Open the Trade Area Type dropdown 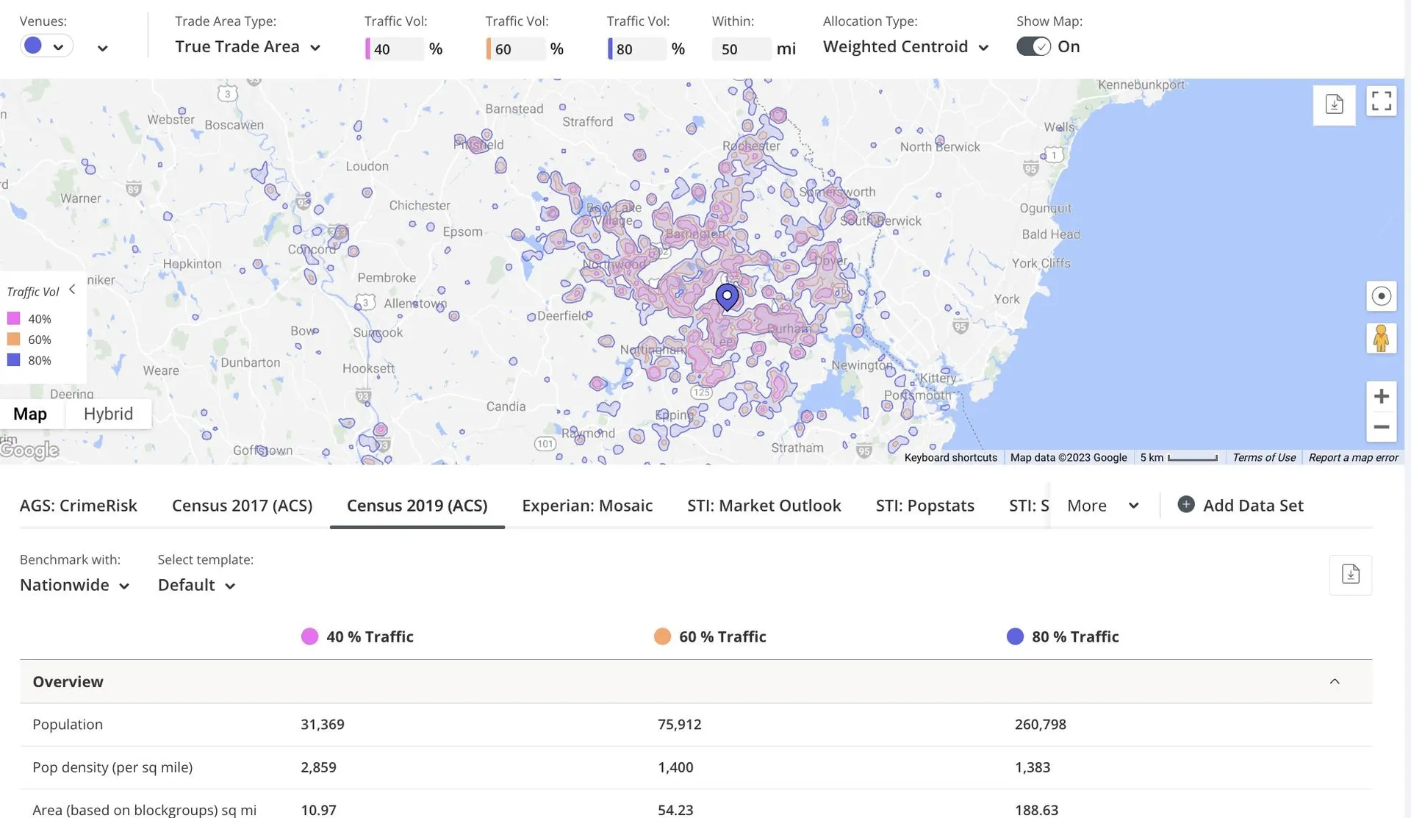[x=248, y=47]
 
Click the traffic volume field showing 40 [x=395, y=49]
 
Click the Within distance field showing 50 [x=741, y=49]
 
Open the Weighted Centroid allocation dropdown [x=905, y=47]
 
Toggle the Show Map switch [x=1033, y=46]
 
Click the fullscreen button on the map [x=1381, y=101]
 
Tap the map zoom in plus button [x=1381, y=396]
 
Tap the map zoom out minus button [x=1381, y=427]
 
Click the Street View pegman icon [x=1381, y=338]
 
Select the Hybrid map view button [x=108, y=414]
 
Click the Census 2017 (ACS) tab [x=242, y=506]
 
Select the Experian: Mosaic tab [x=587, y=506]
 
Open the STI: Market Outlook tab [x=764, y=506]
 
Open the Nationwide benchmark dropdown [x=74, y=585]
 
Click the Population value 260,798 [x=1040, y=725]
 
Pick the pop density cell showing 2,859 [x=318, y=767]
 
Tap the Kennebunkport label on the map [x=1141, y=85]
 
